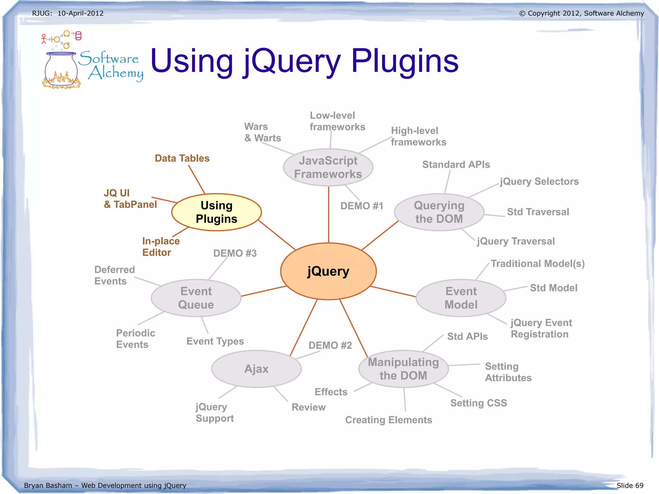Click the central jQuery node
[328, 271]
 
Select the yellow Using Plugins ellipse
[217, 212]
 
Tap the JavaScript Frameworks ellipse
[328, 167]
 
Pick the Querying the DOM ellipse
[439, 212]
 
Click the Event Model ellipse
[461, 298]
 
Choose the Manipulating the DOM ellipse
[403, 369]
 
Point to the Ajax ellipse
[256, 369]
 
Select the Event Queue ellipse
[196, 298]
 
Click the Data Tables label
[182, 158]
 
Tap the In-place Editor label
[161, 247]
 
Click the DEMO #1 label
[362, 206]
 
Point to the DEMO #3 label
[235, 253]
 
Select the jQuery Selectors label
[539, 182]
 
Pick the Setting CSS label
[478, 403]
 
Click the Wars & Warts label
[262, 132]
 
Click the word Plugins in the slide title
[405, 61]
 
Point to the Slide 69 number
[630, 485]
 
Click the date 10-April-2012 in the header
[80, 13]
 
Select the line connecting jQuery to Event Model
[393, 291]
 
